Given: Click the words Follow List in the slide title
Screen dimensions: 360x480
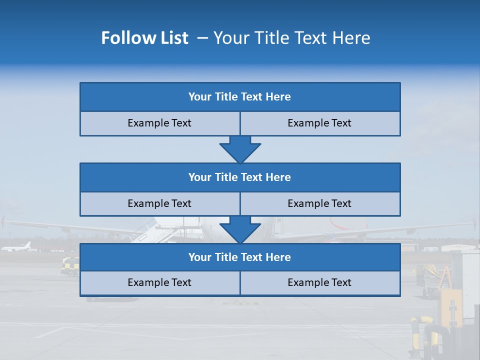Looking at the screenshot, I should (144, 38).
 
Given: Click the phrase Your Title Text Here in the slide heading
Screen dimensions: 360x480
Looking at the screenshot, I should (291, 38).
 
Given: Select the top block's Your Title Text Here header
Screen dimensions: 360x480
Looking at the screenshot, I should (239, 97).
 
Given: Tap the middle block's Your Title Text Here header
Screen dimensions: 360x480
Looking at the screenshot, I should (239, 177).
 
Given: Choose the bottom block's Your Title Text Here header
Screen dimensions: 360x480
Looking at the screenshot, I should (239, 257).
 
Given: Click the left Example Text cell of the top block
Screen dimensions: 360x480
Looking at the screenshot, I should (159, 123).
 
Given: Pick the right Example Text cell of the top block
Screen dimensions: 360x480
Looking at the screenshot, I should (319, 123).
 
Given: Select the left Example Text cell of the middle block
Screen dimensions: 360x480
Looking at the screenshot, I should (159, 204).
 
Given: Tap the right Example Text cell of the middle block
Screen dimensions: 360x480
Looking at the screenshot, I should (319, 204).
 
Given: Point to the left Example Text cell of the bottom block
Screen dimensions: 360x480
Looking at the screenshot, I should (159, 283).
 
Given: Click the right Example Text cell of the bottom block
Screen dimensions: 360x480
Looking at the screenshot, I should (319, 283).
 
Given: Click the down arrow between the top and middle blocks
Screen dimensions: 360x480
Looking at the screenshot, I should (240, 149).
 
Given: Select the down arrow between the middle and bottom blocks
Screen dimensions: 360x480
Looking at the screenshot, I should (240, 229).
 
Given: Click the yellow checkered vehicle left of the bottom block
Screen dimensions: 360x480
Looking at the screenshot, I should (69, 266).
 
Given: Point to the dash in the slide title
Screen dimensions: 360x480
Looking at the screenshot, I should (202, 38).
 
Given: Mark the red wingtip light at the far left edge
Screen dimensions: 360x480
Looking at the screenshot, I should (3, 220).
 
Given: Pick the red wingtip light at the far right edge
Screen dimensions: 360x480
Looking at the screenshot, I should (475, 222).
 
